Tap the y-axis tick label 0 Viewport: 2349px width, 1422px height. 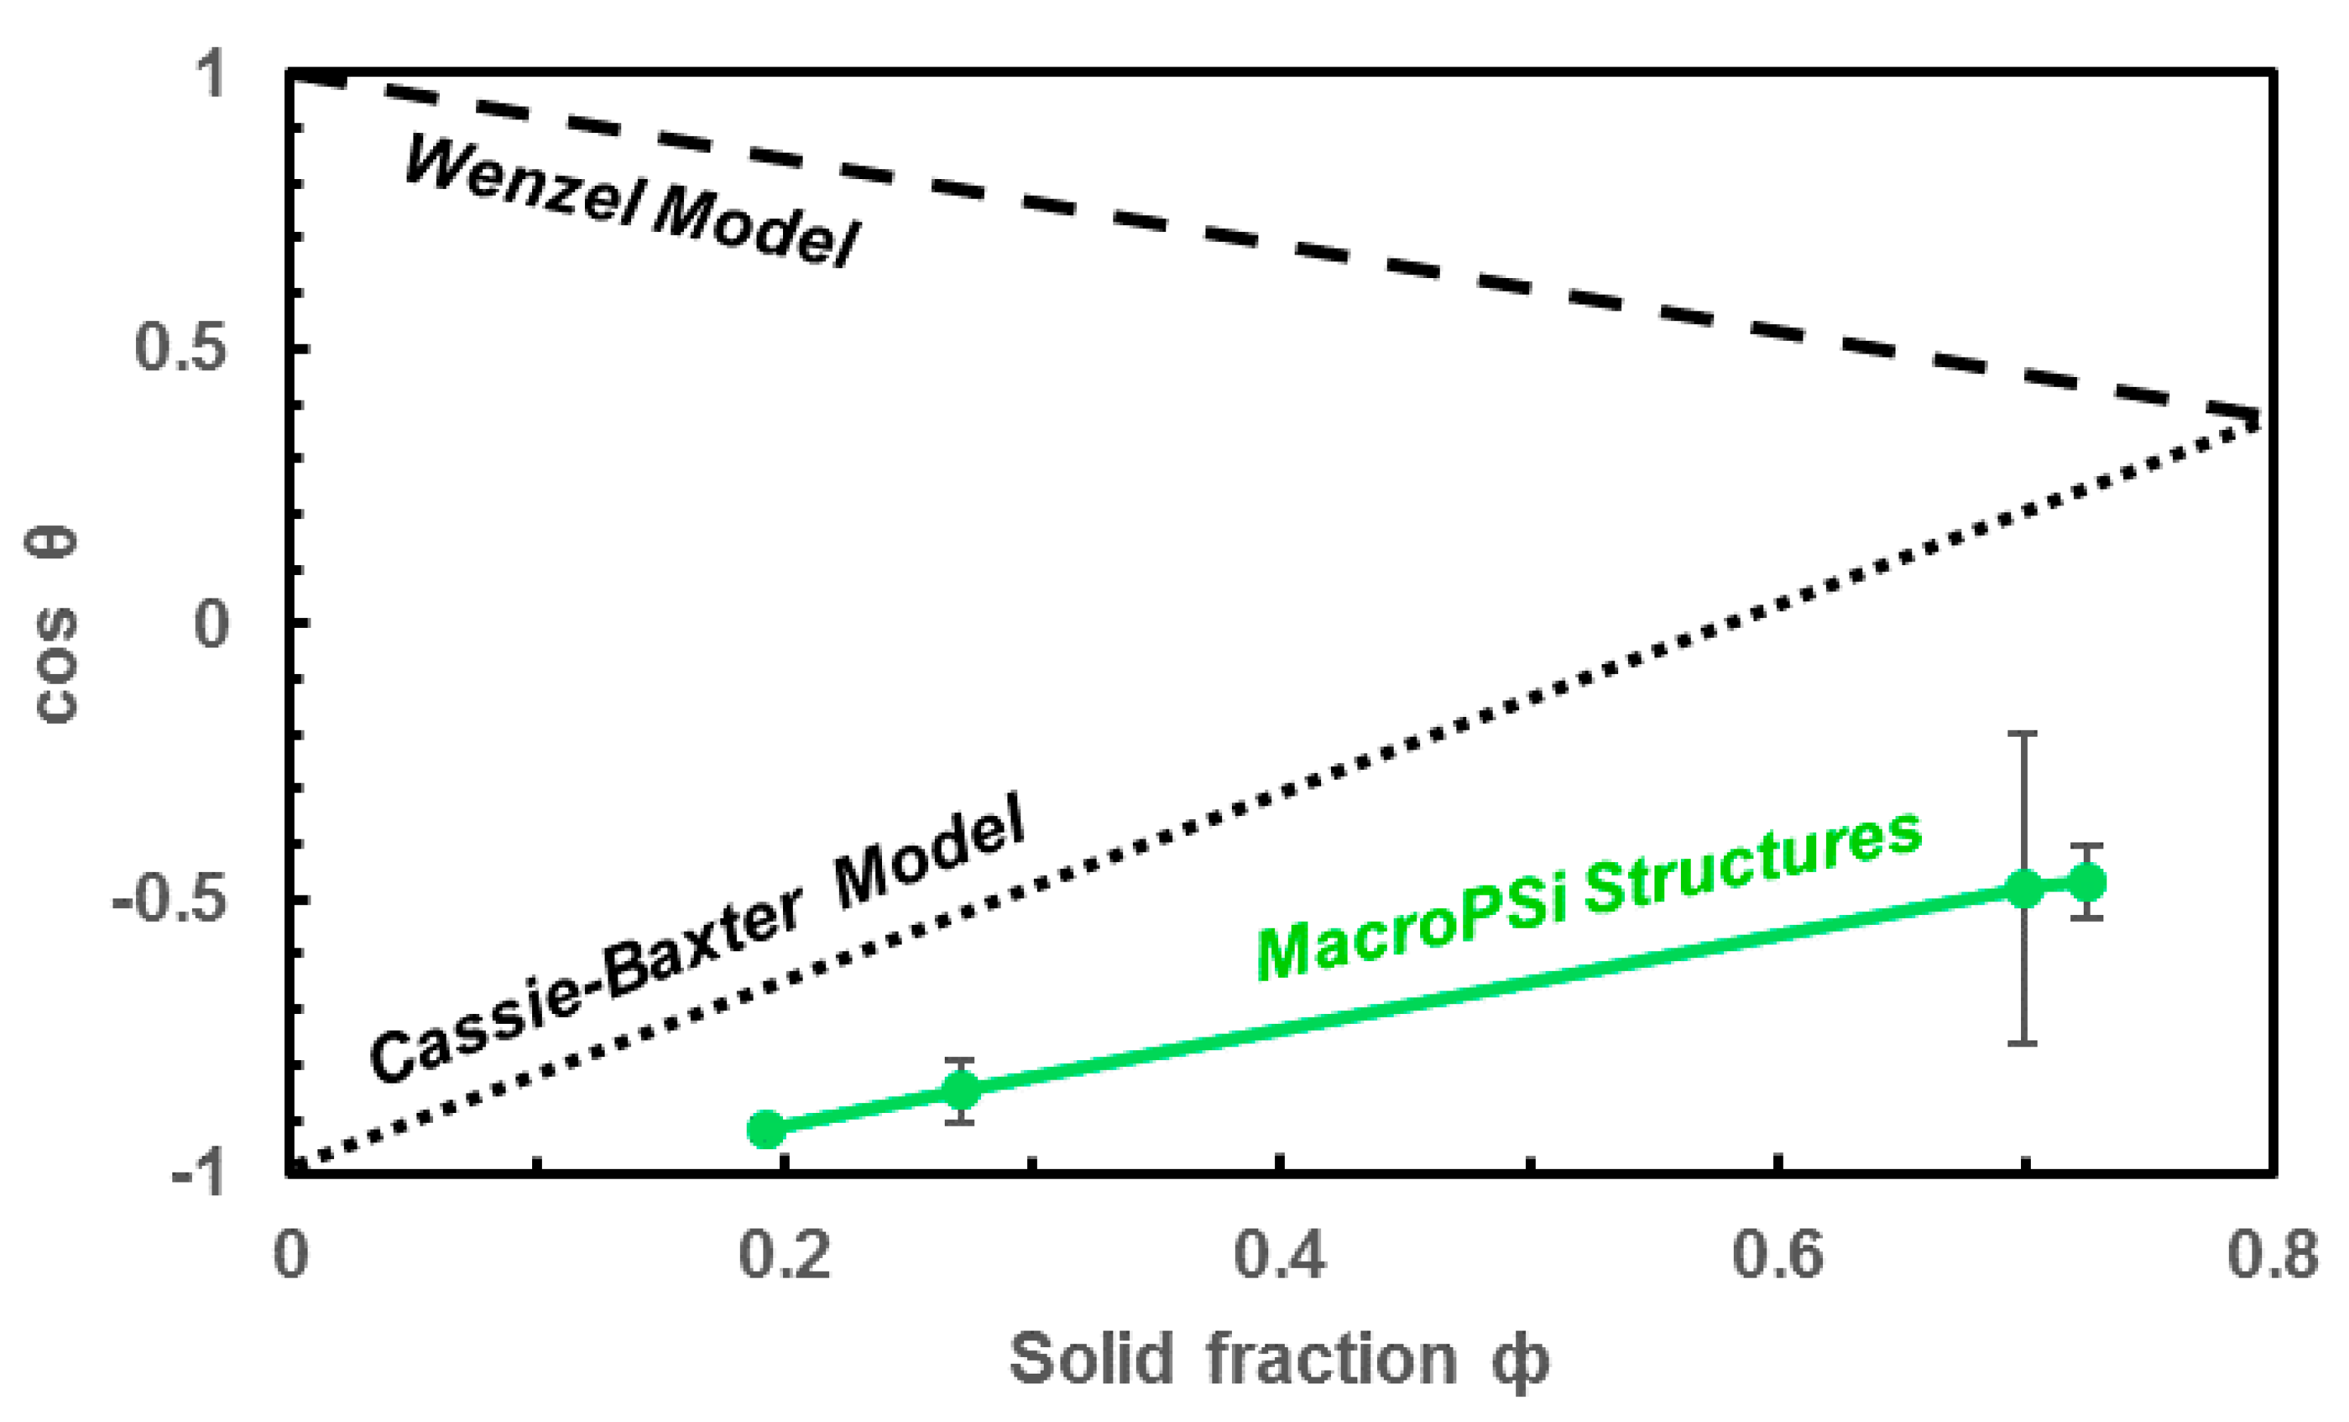click(212, 624)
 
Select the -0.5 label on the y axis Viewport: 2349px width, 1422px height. click(171, 898)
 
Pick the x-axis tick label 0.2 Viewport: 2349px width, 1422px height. click(785, 1254)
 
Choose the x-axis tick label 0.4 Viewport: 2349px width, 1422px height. click(1280, 1254)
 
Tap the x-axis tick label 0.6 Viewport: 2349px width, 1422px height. click(1777, 1254)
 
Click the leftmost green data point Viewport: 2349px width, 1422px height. click(766, 1130)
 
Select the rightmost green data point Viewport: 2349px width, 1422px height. click(2086, 882)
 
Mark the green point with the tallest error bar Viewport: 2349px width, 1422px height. click(2023, 889)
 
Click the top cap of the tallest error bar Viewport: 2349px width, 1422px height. click(2023, 734)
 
